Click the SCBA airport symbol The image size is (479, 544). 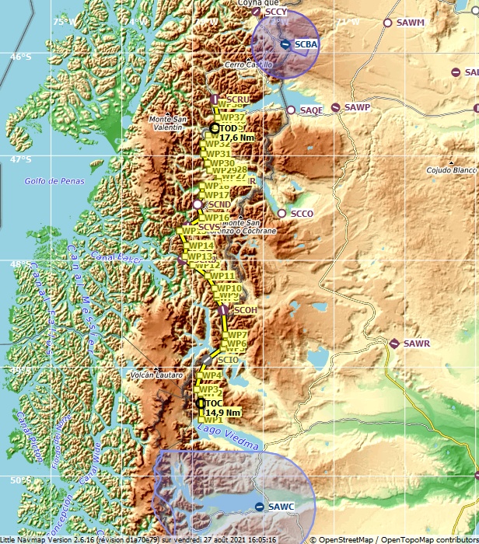click(x=286, y=44)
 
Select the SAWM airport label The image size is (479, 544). click(x=410, y=23)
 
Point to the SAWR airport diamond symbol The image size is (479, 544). click(x=394, y=343)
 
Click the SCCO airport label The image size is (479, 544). click(x=301, y=213)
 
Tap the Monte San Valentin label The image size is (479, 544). click(x=168, y=123)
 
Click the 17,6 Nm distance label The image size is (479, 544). click(x=236, y=138)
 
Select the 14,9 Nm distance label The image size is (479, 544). click(x=222, y=413)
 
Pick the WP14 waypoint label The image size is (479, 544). click(x=201, y=246)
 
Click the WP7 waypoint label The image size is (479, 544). click(x=237, y=335)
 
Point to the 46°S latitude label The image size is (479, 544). click(x=20, y=57)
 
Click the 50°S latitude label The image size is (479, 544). click(x=20, y=481)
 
